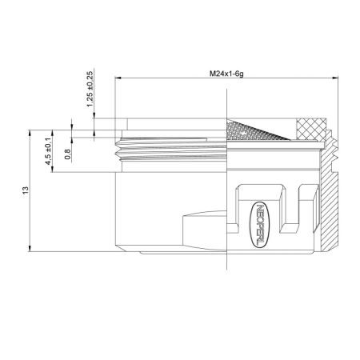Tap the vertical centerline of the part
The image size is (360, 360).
click(x=227, y=200)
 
